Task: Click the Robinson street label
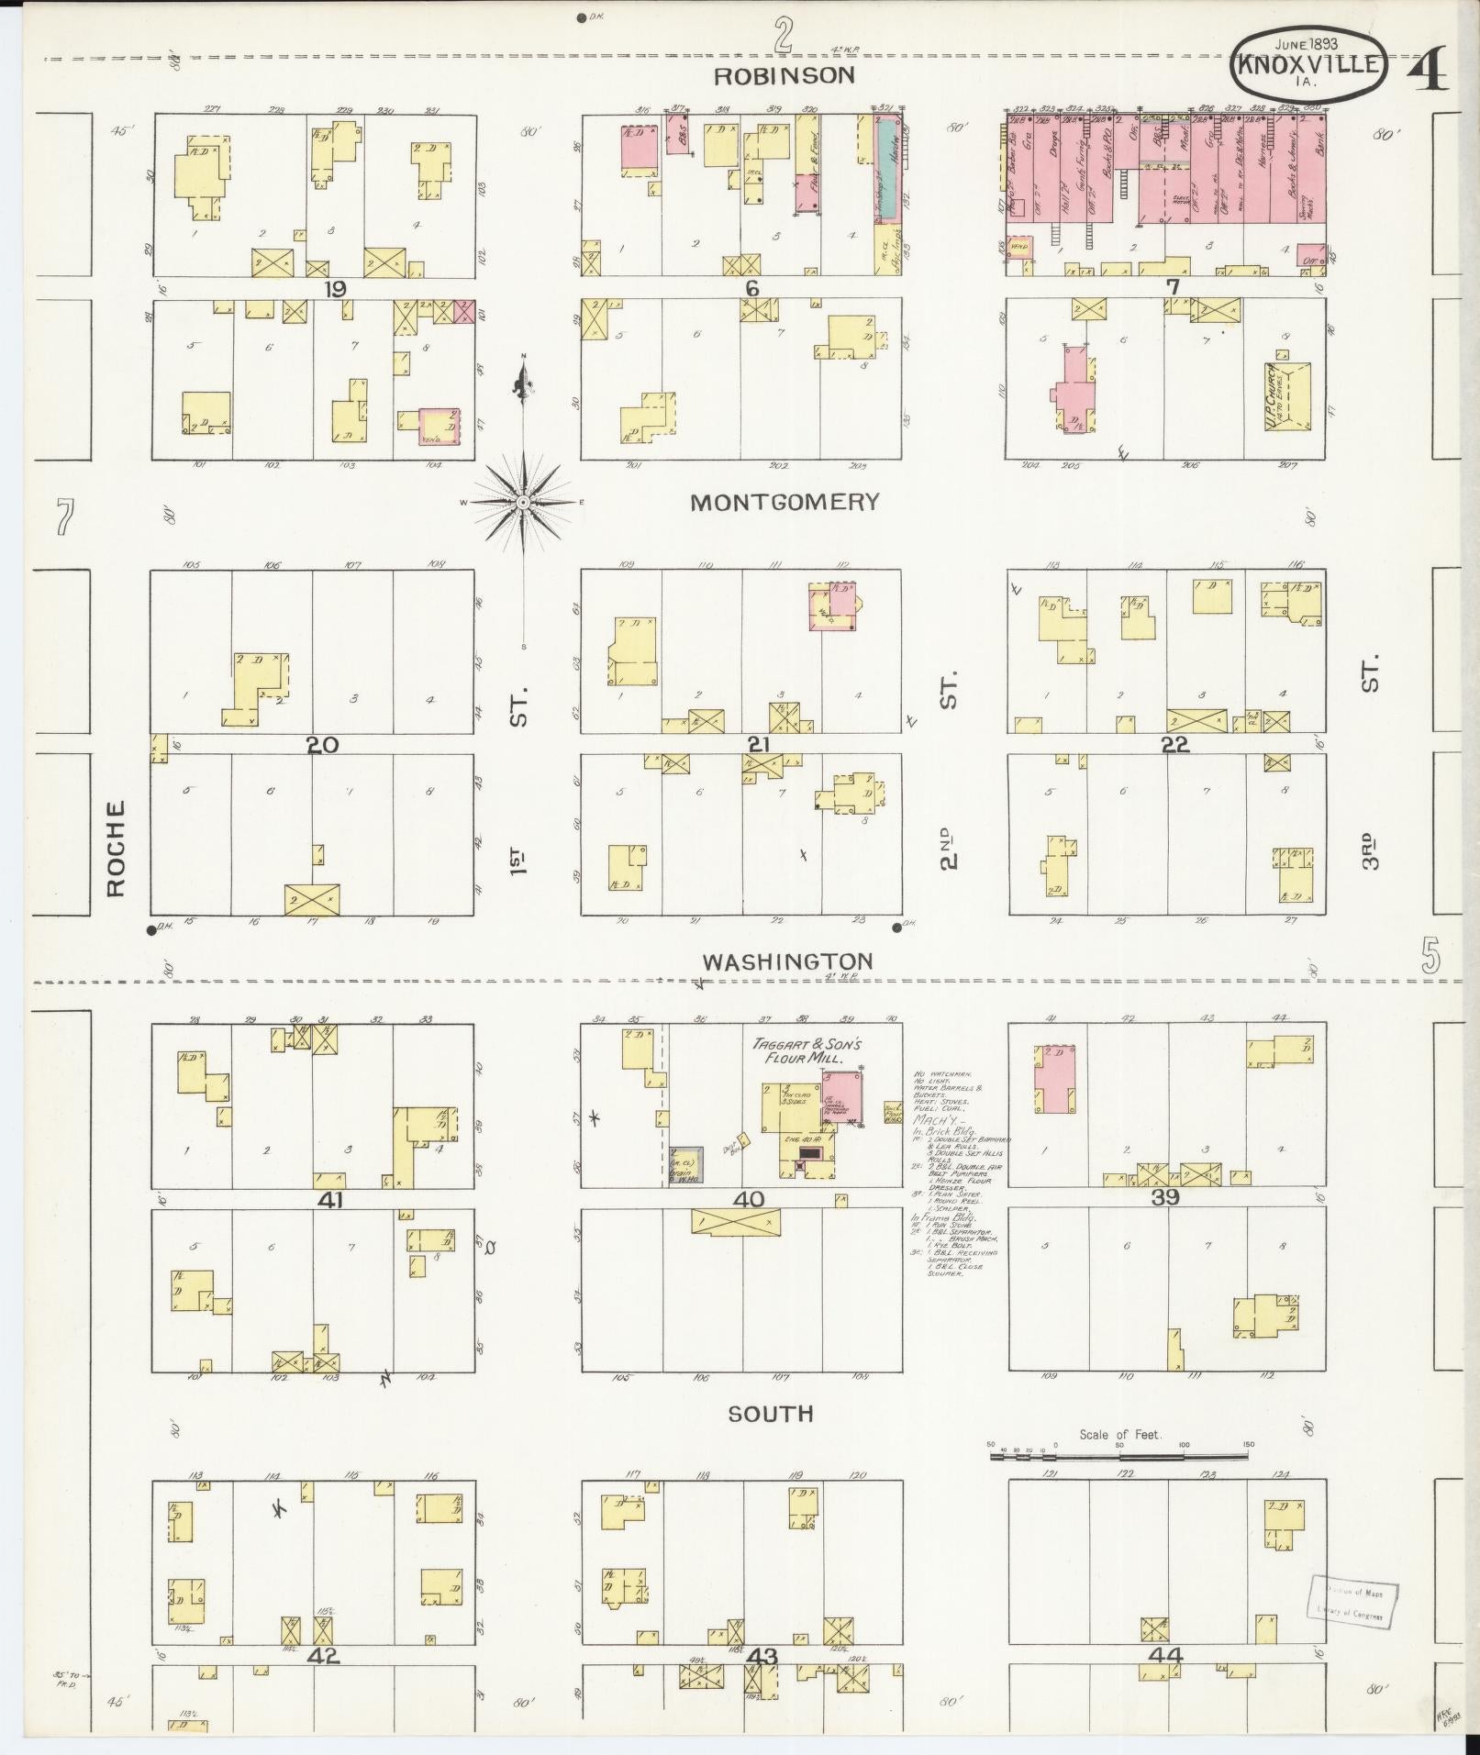785,75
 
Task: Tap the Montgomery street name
785,502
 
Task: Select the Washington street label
787,961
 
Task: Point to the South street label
771,1439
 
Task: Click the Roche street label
116,849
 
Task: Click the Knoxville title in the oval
1308,64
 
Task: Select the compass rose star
523,503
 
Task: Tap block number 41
329,1199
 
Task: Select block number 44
1165,1656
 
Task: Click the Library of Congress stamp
1354,1603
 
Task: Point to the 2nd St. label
948,849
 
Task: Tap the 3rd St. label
1370,849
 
